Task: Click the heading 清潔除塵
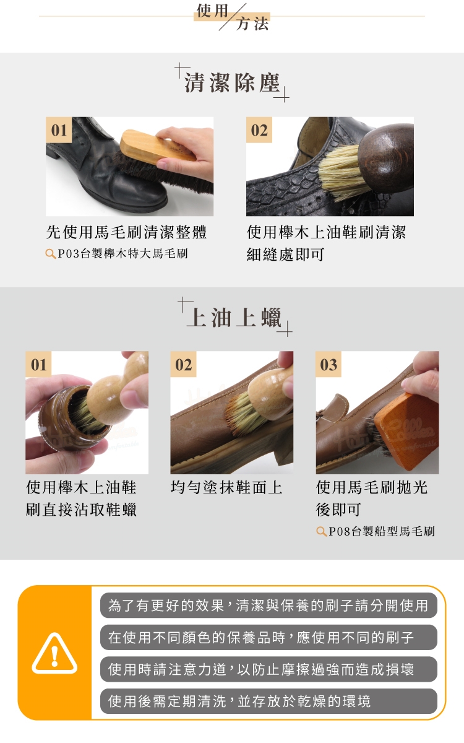point(233,82)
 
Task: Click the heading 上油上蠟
point(234,318)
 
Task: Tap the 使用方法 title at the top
point(233,17)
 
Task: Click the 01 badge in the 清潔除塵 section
point(59,130)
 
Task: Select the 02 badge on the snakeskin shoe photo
point(259,130)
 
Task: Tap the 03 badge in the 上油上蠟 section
point(328,364)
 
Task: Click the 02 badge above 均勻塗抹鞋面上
point(183,364)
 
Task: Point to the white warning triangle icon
point(54,653)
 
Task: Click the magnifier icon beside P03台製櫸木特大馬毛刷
point(50,254)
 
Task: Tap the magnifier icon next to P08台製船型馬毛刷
point(322,531)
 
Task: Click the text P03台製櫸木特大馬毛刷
point(122,254)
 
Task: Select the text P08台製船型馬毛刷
point(382,531)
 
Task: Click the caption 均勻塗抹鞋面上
point(226,488)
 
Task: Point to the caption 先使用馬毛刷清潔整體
point(127,232)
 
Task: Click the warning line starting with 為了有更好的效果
point(269,606)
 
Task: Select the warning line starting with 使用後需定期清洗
point(269,701)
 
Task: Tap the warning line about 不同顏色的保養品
point(269,637)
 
